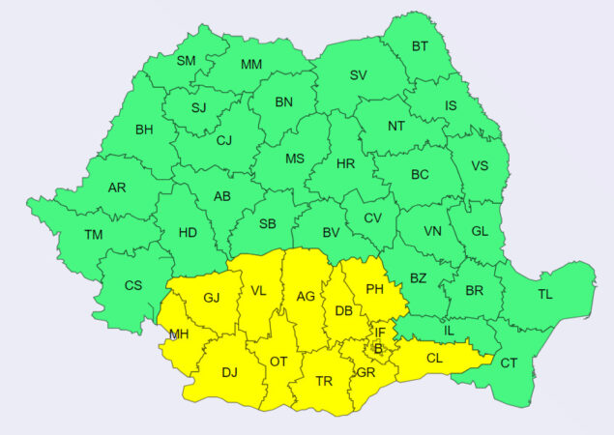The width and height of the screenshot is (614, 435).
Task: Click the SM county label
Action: click(186, 61)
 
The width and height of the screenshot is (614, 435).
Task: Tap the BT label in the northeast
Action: click(420, 45)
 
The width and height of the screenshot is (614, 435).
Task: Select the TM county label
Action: click(94, 235)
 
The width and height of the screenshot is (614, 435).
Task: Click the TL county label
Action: click(545, 294)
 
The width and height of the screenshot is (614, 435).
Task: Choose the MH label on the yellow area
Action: click(178, 335)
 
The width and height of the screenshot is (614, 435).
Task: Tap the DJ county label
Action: click(229, 371)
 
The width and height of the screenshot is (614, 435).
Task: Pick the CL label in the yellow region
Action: click(434, 358)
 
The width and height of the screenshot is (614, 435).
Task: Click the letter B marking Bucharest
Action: click(379, 348)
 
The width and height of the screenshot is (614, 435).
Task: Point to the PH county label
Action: click(373, 288)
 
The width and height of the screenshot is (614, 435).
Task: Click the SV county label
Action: click(359, 75)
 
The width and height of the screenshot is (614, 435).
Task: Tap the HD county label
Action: click(188, 232)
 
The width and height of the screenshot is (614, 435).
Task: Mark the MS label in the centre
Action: click(295, 158)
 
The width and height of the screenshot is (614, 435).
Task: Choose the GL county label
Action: click(480, 231)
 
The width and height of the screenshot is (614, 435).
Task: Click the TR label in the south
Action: click(324, 381)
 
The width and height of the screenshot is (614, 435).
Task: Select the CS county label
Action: click(134, 285)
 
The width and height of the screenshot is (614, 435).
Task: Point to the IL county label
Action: click(448, 331)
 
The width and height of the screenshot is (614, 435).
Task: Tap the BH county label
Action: click(144, 130)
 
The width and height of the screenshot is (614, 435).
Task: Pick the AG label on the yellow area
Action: click(306, 297)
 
